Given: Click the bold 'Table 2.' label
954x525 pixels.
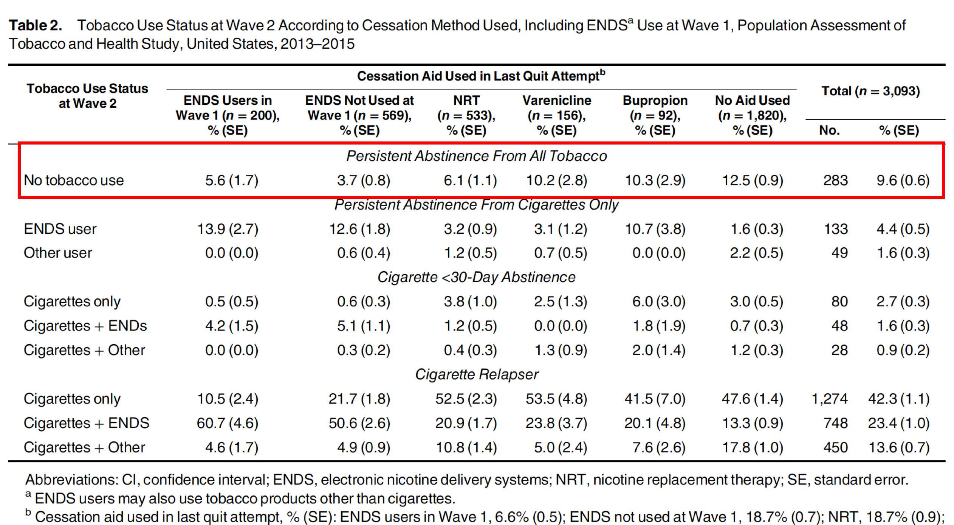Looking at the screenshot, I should pyautogui.click(x=36, y=26).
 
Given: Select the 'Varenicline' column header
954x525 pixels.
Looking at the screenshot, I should pyautogui.click(x=557, y=101).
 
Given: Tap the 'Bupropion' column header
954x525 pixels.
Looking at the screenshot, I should pyautogui.click(x=655, y=101).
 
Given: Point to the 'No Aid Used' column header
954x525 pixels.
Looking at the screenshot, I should pyautogui.click(x=752, y=101).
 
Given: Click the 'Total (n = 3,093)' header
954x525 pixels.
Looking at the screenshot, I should pyautogui.click(x=870, y=91).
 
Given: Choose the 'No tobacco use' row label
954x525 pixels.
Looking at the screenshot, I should pyautogui.click(x=74, y=180).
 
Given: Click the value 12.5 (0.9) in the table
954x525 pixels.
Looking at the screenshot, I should pyautogui.click(x=753, y=180).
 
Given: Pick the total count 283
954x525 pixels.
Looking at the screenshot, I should pyautogui.click(x=835, y=180).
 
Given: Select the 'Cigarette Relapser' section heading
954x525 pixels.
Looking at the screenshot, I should pyautogui.click(x=477, y=374).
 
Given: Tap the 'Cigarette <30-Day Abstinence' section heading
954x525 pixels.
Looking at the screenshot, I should pyautogui.click(x=476, y=277).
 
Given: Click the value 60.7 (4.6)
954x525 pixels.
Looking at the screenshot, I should pyautogui.click(x=228, y=423).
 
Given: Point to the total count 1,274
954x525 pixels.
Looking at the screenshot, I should pyautogui.click(x=830, y=399).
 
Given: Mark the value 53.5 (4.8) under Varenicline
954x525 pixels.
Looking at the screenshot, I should pyautogui.click(x=556, y=399).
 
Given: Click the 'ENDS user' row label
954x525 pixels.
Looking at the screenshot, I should pyautogui.click(x=60, y=229).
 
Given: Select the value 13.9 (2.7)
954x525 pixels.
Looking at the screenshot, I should pyautogui.click(x=228, y=229).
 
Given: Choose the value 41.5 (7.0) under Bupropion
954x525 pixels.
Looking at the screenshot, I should pyautogui.click(x=655, y=399).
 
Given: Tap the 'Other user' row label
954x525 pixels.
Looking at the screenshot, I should pyautogui.click(x=58, y=253).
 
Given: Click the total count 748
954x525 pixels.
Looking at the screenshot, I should pyautogui.click(x=835, y=423).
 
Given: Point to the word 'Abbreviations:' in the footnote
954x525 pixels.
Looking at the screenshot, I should pyautogui.click(x=71, y=480).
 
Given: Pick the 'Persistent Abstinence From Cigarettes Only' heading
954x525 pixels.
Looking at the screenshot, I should pyautogui.click(x=476, y=205).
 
